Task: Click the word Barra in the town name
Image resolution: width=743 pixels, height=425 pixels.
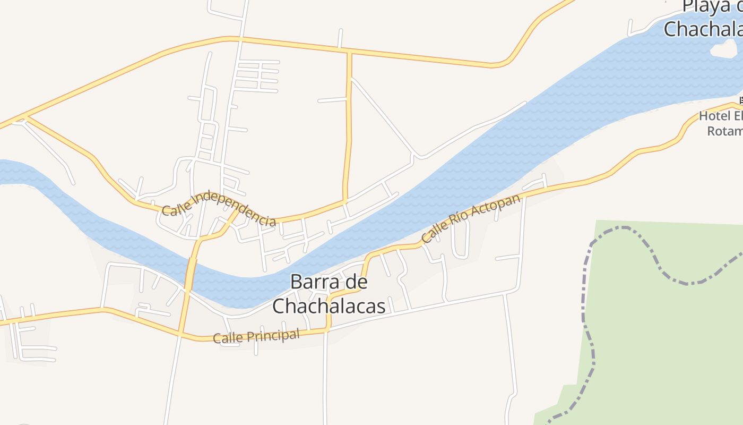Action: (x=317, y=282)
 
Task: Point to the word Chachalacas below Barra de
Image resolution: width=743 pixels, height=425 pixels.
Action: (x=329, y=305)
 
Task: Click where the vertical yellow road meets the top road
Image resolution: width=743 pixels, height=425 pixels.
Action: (x=349, y=52)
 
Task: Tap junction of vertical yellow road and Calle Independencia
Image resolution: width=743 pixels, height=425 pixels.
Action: (x=345, y=201)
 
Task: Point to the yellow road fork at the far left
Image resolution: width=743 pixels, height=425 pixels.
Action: (x=24, y=116)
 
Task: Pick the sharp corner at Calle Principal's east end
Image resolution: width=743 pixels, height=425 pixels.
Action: (x=328, y=329)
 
